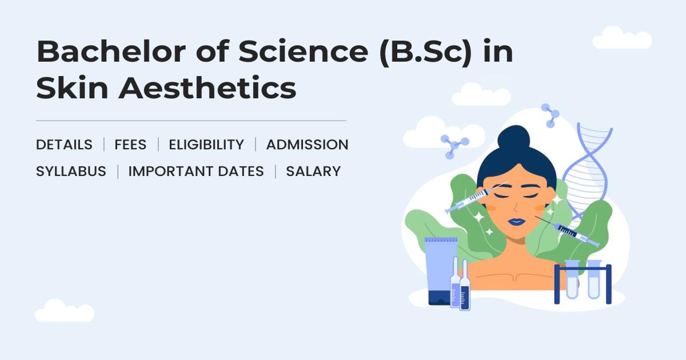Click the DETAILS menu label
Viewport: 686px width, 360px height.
[64, 145]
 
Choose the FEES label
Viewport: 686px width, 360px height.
[130, 145]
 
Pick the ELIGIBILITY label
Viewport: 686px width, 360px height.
[206, 145]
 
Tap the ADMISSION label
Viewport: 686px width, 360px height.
[307, 145]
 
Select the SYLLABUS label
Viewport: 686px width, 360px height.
[71, 171]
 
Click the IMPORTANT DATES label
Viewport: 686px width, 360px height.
[196, 171]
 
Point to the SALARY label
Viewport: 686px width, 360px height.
[313, 171]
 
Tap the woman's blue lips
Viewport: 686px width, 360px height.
[516, 221]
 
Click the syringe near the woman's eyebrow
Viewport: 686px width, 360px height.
[469, 199]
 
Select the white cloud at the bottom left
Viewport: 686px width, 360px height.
[64, 311]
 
